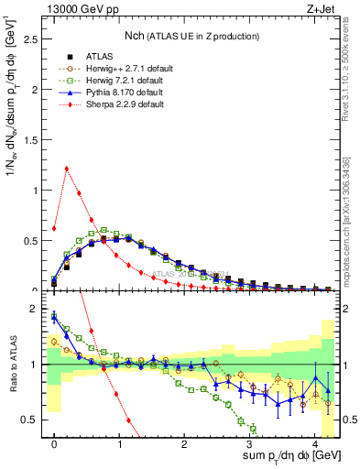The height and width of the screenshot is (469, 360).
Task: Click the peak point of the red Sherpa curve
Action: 67,169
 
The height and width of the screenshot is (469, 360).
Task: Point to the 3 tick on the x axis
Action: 249,449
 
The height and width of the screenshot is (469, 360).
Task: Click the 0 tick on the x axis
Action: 54,449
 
